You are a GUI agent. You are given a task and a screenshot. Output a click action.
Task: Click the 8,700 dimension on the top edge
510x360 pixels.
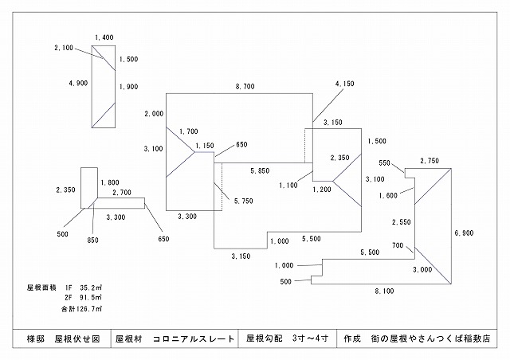coord(245,85)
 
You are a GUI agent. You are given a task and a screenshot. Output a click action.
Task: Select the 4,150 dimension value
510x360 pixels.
coord(344,84)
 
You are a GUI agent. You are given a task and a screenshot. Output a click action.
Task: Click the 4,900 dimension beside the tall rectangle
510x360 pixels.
coord(78,83)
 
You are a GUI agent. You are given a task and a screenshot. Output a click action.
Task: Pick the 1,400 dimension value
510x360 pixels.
coord(104,37)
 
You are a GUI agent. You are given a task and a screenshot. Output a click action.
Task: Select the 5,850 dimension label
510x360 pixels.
coord(260,171)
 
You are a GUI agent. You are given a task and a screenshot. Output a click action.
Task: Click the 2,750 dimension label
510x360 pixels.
coord(430,161)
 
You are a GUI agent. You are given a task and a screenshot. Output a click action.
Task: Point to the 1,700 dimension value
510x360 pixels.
coord(189,131)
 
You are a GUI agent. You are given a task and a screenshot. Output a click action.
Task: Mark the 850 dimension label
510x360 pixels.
coord(93,240)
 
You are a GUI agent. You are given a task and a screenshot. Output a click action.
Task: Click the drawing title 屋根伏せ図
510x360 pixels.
coord(76,338)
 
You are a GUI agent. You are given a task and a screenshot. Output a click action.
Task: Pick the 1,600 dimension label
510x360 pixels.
coord(389,195)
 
